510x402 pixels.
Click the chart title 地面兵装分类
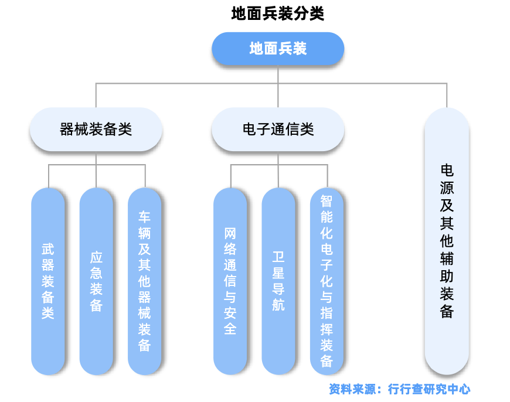[277, 13]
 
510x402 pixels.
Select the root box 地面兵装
[278, 49]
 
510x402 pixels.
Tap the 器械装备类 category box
[96, 130]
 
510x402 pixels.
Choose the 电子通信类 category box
[278, 130]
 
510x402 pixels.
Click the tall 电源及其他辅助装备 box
[447, 240]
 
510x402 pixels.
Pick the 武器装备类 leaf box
[48, 281]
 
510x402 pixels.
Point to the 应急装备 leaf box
[96, 281]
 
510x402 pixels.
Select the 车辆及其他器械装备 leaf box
[144, 281]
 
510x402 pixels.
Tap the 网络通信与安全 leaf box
[230, 281]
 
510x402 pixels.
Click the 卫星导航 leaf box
[278, 281]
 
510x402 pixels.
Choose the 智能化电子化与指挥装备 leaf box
[327, 281]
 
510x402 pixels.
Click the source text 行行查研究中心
[429, 389]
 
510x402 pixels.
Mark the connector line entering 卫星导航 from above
[278, 176]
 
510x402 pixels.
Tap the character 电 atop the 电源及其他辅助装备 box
[447, 171]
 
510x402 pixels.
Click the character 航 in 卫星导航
[278, 305]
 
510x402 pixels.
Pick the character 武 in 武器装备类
[48, 248]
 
